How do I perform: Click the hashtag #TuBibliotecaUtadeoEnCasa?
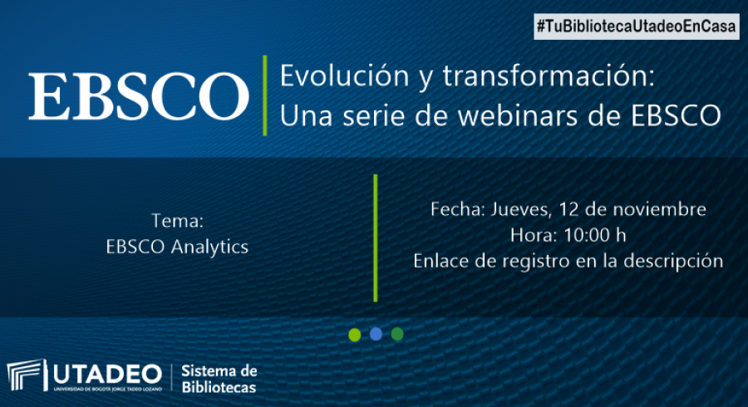[637, 27]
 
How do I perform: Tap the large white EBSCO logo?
[138, 96]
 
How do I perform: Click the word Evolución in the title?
[344, 76]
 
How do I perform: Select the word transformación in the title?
[549, 76]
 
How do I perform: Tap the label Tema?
[178, 221]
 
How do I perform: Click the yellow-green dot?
[354, 335]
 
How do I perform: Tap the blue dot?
[376, 334]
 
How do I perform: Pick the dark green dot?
[397, 334]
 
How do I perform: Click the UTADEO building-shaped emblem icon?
[27, 375]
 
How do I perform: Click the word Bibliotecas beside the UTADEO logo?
[219, 387]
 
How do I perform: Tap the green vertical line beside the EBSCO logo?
[265, 96]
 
